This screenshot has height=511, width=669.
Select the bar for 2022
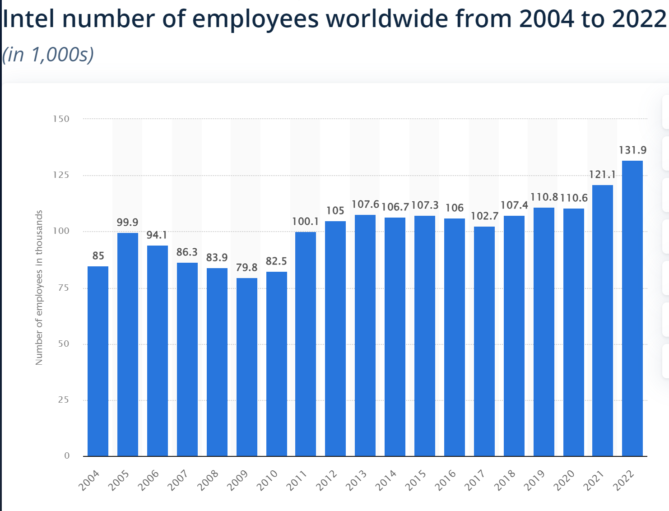pyautogui.click(x=632, y=308)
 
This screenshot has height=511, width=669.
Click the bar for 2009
pyautogui.click(x=247, y=367)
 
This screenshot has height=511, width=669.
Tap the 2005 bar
pyautogui.click(x=128, y=344)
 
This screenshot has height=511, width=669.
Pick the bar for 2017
pyautogui.click(x=484, y=341)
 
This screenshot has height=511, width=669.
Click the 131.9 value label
pyautogui.click(x=632, y=150)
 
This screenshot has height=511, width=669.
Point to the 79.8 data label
pyautogui.click(x=246, y=267)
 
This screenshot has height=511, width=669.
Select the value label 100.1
pyautogui.click(x=305, y=221)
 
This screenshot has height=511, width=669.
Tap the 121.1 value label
pyautogui.click(x=603, y=174)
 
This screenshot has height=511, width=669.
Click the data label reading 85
pyautogui.click(x=98, y=255)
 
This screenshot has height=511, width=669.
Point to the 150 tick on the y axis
pyautogui.click(x=61, y=119)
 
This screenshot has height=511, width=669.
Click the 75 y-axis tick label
pyautogui.click(x=64, y=288)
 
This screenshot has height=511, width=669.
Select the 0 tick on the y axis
pyautogui.click(x=67, y=455)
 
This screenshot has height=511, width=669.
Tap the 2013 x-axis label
pyautogui.click(x=357, y=480)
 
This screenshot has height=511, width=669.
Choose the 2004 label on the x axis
pyautogui.click(x=89, y=480)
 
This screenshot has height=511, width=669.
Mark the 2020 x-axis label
pyautogui.click(x=564, y=480)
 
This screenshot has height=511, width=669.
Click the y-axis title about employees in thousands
pyautogui.click(x=39, y=288)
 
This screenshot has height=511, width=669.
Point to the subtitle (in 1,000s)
pyautogui.click(x=48, y=54)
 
